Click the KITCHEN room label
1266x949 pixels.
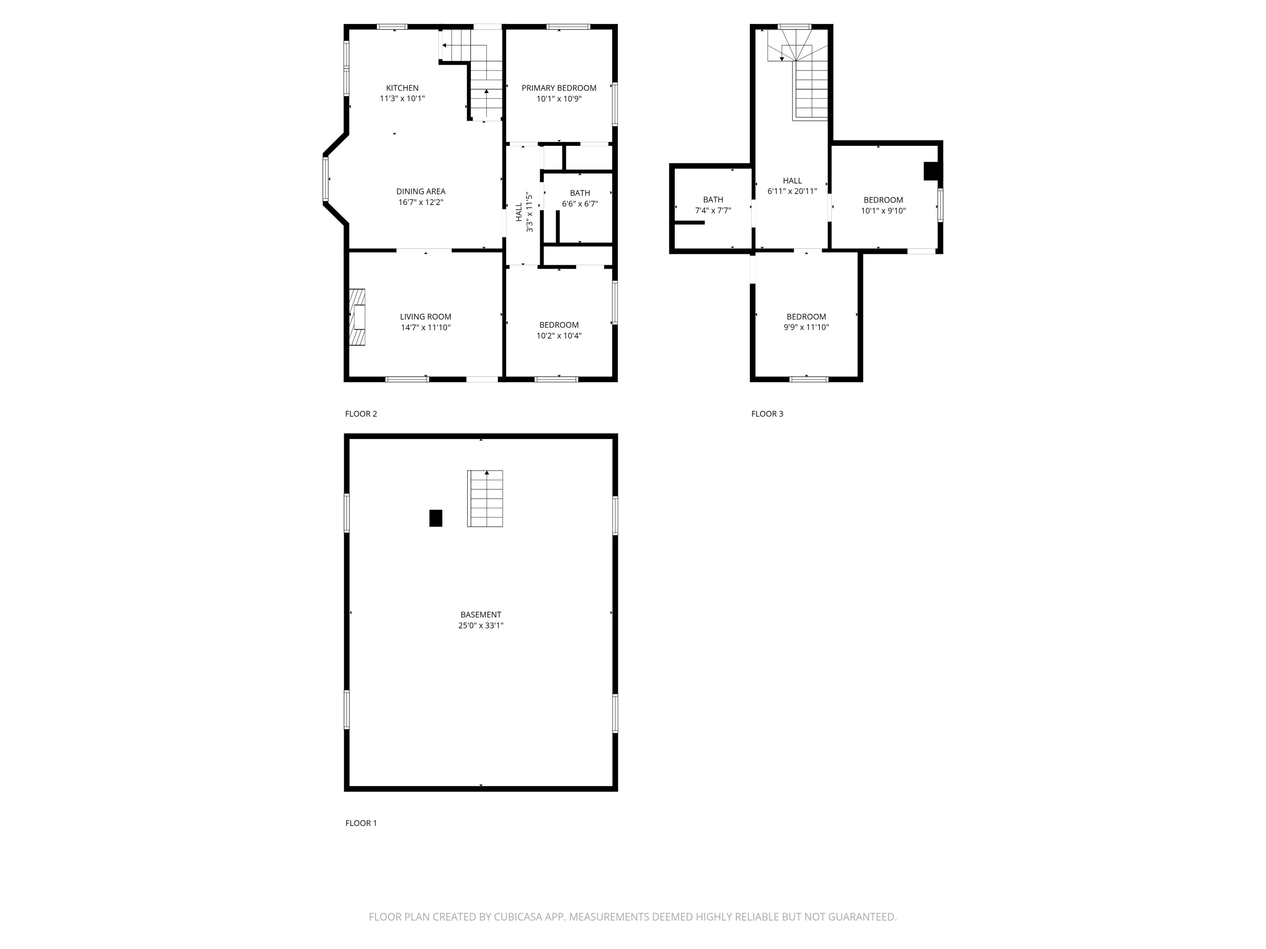pyautogui.click(x=402, y=88)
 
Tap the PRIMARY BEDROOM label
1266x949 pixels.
pyautogui.click(x=559, y=88)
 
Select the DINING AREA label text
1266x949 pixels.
pyautogui.click(x=421, y=191)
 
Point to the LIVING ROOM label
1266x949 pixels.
pyautogui.click(x=425, y=317)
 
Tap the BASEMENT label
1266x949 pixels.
pyautogui.click(x=481, y=615)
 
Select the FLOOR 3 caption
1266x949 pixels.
pyautogui.click(x=767, y=414)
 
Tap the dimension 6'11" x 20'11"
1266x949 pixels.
pyautogui.click(x=792, y=191)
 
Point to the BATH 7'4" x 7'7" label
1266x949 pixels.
pyautogui.click(x=713, y=205)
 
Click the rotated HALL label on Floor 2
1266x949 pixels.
pyautogui.click(x=519, y=212)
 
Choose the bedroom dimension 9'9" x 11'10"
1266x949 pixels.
pyautogui.click(x=806, y=328)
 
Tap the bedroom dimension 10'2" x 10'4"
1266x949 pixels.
pyautogui.click(x=559, y=336)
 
